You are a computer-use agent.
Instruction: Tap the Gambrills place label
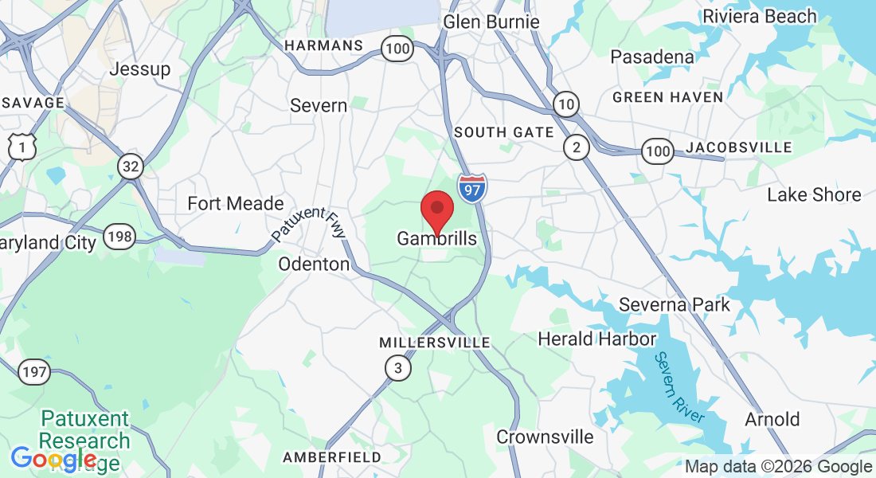(437, 238)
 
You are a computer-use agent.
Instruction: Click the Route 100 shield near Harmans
(397, 49)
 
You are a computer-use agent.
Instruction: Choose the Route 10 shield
(565, 104)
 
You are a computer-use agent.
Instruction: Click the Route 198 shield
(122, 237)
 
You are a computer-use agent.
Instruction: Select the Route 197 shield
(33, 370)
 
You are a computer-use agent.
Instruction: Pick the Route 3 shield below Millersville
(398, 368)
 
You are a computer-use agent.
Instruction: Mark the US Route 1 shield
(22, 146)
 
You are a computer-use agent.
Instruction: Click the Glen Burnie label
(491, 22)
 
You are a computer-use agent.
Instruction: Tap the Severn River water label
(679, 387)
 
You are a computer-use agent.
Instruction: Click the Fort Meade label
(236, 203)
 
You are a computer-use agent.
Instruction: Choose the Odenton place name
(314, 264)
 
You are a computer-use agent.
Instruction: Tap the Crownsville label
(545, 437)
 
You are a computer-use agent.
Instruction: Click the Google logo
(54, 459)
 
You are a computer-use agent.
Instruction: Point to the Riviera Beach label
(759, 16)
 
